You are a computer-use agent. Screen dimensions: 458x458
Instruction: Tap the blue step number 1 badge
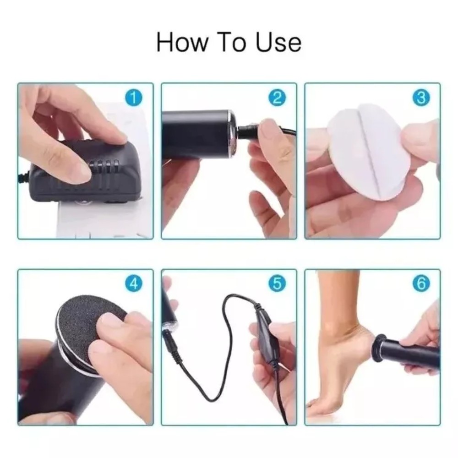point(133,98)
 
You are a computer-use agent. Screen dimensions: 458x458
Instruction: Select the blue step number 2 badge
point(277,98)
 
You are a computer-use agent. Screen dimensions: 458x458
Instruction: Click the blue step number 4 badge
point(133,284)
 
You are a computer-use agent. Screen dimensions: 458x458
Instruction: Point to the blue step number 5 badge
point(277,284)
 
